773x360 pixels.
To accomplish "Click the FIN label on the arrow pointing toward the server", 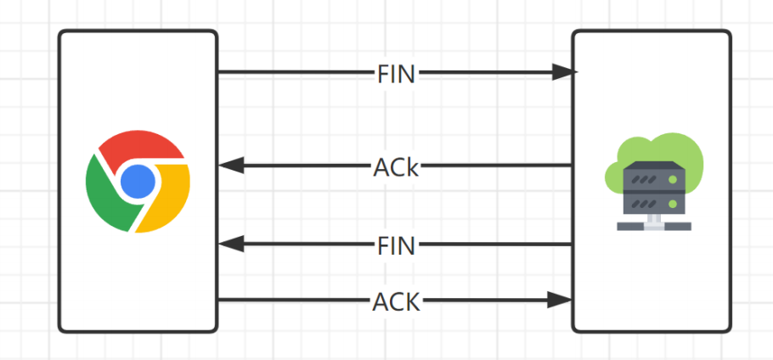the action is pyautogui.click(x=397, y=76).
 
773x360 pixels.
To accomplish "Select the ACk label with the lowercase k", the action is pyautogui.click(x=396, y=167).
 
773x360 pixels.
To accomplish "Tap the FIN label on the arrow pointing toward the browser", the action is pyautogui.click(x=397, y=245).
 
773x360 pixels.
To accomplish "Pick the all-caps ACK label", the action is pyautogui.click(x=397, y=302).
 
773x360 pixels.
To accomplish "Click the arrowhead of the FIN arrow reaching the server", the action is pyautogui.click(x=564, y=72).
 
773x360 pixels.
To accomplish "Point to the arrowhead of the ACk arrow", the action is pyautogui.click(x=232, y=165).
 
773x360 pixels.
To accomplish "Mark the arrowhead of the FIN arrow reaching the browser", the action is pyautogui.click(x=232, y=244).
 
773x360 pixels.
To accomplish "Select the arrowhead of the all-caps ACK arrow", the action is pyautogui.click(x=560, y=300).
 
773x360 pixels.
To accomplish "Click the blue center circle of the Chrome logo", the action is pyautogui.click(x=138, y=181).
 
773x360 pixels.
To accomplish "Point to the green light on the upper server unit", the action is pyautogui.click(x=673, y=179).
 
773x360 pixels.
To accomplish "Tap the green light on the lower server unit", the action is pyautogui.click(x=673, y=203).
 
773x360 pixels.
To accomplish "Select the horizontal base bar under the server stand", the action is pyautogui.click(x=654, y=226).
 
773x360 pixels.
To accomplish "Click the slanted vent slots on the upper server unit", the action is pyautogui.click(x=644, y=179).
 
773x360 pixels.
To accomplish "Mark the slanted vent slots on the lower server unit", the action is pyautogui.click(x=644, y=203).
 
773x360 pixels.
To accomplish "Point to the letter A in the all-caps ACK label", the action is pyautogui.click(x=381, y=302).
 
